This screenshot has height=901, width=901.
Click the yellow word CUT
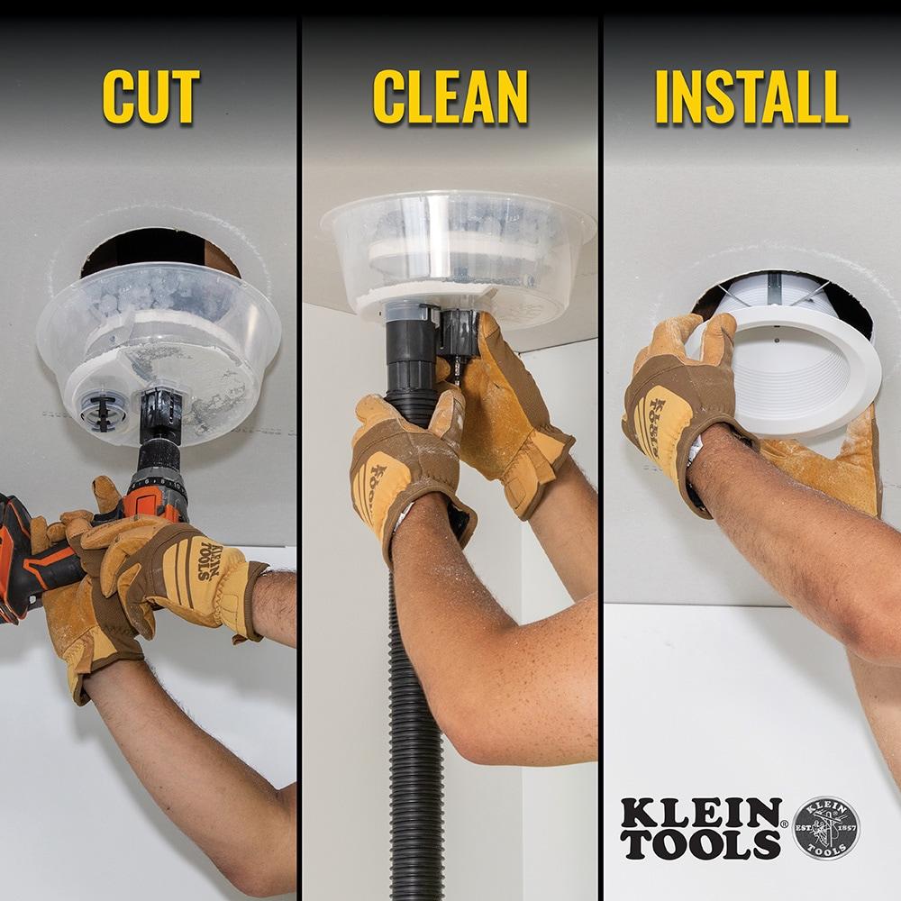pos(150,96)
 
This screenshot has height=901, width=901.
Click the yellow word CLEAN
pos(450,96)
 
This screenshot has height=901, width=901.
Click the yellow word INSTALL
pos(751,96)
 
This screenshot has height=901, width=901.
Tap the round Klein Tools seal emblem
pos(825,828)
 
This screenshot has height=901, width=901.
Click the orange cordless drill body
pos(36,559)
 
